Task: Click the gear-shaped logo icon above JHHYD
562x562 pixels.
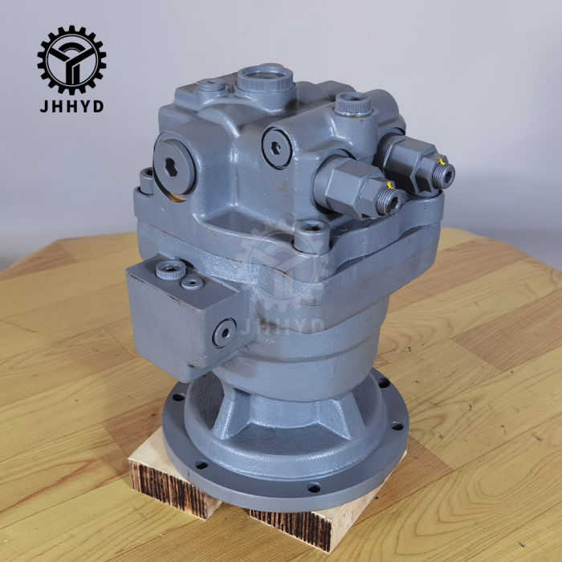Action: point(71,59)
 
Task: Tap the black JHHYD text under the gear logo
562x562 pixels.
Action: point(71,106)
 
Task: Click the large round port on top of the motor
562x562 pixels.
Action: point(264,80)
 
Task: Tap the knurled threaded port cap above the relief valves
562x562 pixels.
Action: point(352,104)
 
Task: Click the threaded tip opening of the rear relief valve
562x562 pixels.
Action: point(444,175)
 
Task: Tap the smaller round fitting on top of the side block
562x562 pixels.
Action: point(192,283)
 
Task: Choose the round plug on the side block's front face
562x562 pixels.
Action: point(224,332)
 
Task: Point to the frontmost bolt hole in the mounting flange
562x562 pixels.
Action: point(314,487)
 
